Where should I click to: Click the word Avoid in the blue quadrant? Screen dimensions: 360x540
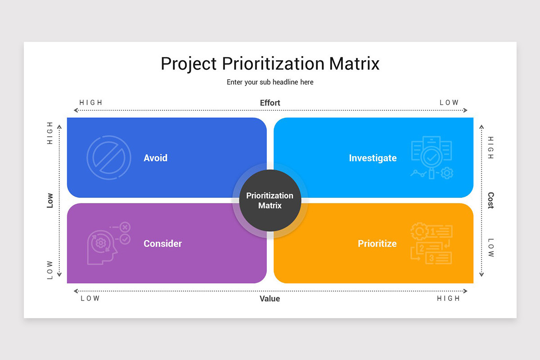155,158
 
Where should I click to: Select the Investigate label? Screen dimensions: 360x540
373,158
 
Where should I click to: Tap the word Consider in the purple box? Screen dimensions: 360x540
162,243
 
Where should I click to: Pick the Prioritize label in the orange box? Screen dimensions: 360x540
377,243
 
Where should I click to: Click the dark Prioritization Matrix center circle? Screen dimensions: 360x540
270,201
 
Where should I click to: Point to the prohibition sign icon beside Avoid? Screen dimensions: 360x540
108,158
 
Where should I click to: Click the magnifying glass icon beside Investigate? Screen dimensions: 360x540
432,158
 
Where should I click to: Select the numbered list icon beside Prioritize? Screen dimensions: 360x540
432,243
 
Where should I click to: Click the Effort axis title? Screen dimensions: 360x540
270,103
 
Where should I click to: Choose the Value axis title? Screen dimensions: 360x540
270,299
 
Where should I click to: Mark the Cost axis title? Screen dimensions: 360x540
490,200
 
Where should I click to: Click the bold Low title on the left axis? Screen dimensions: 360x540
50,200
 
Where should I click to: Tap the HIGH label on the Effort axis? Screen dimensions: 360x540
91,103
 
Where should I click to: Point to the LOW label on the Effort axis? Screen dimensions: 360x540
449,103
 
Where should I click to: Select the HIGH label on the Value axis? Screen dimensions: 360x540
448,298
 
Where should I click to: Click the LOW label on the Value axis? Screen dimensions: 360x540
90,298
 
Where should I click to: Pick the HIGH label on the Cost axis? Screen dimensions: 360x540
490,148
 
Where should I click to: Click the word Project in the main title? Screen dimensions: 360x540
189,63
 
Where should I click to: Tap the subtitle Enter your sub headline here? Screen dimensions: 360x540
270,82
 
